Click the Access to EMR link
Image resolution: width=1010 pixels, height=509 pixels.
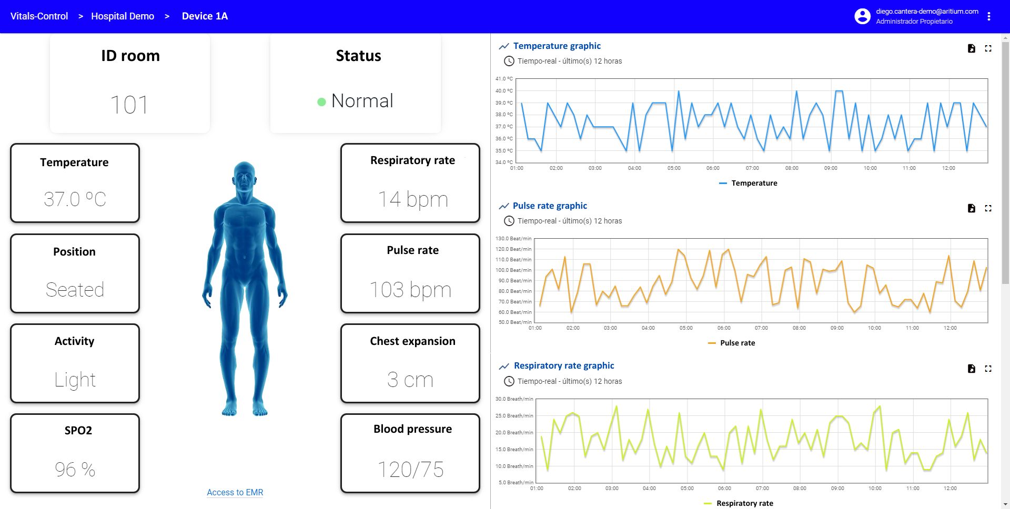coord(235,492)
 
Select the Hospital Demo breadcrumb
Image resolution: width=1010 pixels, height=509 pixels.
coord(123,16)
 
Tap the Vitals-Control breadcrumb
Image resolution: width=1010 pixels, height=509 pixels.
coord(39,16)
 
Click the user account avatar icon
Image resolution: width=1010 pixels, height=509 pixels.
coord(862,16)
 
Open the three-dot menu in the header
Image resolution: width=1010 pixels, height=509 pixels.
coord(989,16)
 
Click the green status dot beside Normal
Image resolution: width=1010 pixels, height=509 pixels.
coord(321,102)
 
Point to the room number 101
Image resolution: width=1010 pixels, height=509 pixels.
coord(129,105)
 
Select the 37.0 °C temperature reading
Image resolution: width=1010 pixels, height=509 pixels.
coord(75,199)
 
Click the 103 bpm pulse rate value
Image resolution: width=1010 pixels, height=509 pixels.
coord(410,290)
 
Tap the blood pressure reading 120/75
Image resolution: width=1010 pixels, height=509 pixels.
coord(410,470)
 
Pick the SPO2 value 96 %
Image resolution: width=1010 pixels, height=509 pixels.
coord(75,470)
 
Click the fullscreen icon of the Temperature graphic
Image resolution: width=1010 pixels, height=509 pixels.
coord(988,48)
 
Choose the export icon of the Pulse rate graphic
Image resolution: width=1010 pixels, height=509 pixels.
coord(972,208)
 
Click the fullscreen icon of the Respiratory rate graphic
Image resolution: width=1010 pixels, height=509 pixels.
coord(988,369)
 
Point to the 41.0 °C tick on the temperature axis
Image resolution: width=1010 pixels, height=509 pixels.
coord(504,79)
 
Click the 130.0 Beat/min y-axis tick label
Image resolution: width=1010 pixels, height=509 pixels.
coord(513,239)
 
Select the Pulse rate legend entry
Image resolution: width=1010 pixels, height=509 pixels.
coord(732,343)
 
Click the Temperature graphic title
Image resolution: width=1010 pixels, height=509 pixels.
coord(557,46)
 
